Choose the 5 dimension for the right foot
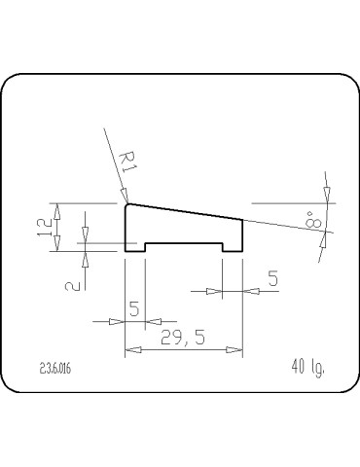(x=273, y=279)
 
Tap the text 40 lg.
(x=306, y=367)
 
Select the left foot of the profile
(x=135, y=246)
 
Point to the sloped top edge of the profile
(x=185, y=211)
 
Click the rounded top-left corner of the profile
(x=126, y=204)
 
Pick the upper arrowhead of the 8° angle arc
(x=328, y=196)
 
